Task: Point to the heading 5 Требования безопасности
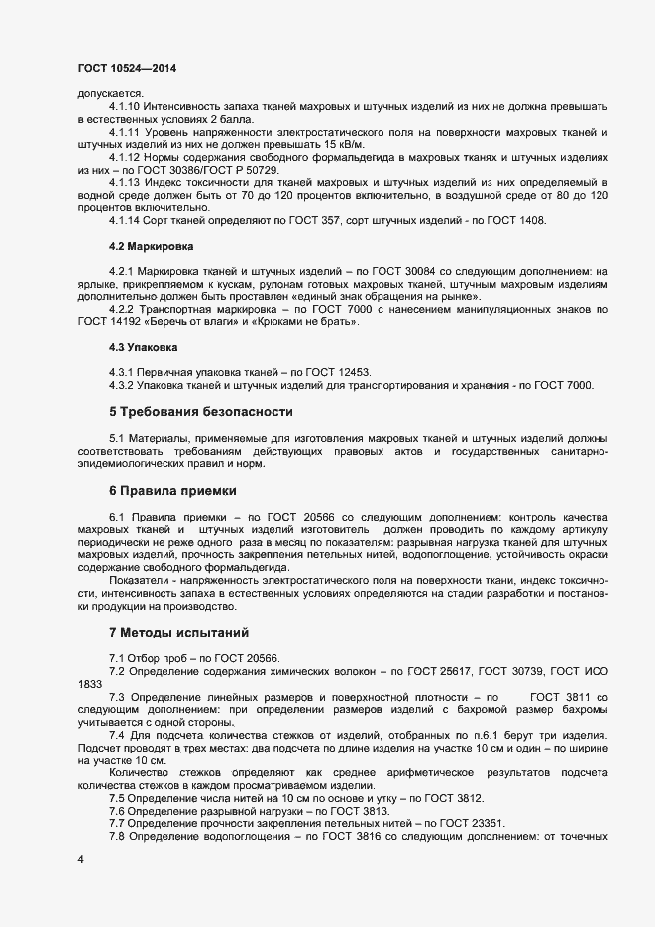point(200,411)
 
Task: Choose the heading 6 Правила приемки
point(172,490)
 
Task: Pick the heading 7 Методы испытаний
point(177,632)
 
